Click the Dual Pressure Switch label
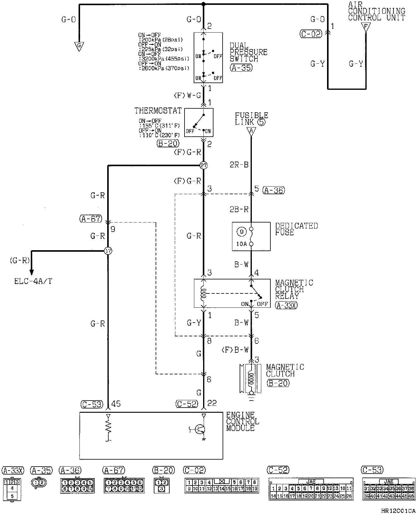(248, 52)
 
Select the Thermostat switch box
(199, 122)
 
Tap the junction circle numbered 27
(203, 166)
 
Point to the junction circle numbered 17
(108, 251)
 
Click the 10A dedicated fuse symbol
(251, 236)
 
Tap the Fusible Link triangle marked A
(251, 131)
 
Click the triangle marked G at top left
(79, 46)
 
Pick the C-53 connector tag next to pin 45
(92, 404)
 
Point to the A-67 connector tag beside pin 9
(90, 219)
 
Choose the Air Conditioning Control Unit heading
(376, 12)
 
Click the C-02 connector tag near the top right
(311, 34)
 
